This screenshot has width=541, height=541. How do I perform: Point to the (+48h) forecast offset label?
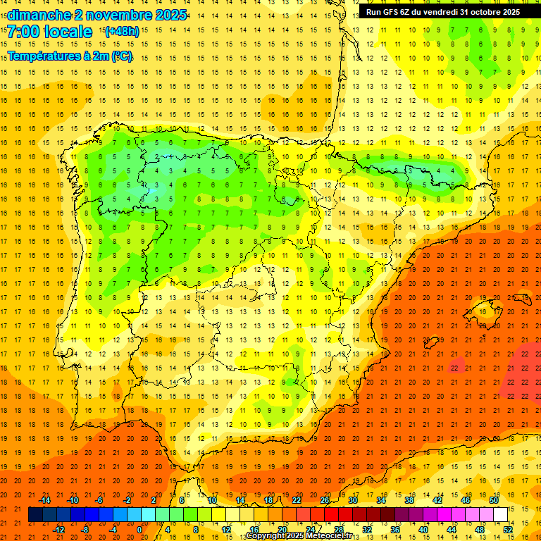click(122, 31)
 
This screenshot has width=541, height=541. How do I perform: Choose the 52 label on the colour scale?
click(509, 529)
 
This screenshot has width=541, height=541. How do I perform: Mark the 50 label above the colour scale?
click(494, 500)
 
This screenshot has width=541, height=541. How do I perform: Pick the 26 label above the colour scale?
click(325, 500)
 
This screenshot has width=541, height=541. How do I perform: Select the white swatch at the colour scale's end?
click(501, 515)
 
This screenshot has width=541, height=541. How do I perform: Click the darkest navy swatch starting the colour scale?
click(36, 515)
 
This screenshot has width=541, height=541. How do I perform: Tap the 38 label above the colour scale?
click(409, 500)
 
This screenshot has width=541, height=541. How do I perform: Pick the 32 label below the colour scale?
click(367, 529)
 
